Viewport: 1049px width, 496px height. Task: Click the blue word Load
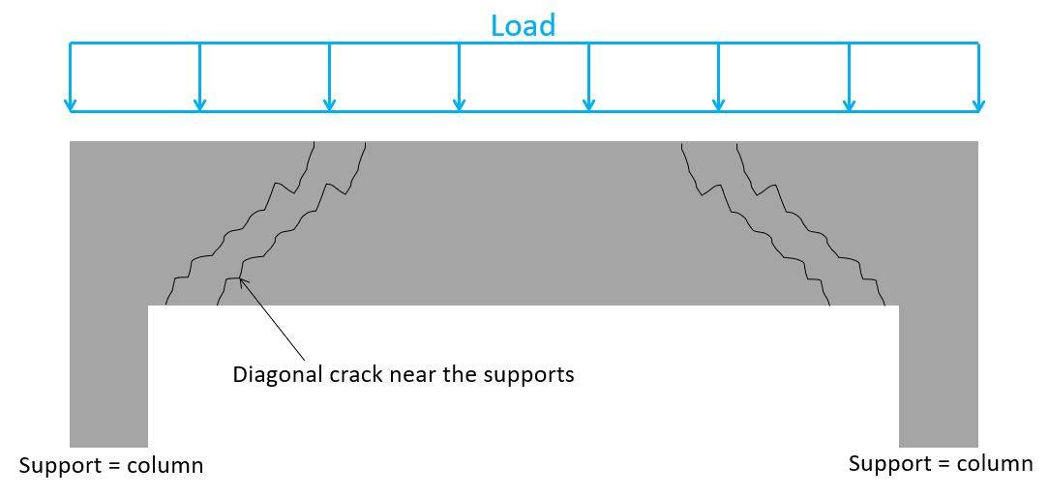[x=523, y=25]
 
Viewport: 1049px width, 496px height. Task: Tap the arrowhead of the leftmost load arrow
[x=70, y=104]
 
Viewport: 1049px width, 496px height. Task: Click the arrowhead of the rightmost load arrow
[x=978, y=104]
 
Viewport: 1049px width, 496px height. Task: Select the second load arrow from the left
[x=199, y=77]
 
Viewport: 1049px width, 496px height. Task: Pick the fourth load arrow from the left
[x=459, y=77]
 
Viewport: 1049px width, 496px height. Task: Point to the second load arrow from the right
[x=849, y=77]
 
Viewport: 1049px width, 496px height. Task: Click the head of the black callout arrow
[x=242, y=281]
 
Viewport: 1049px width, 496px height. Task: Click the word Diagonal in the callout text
[x=272, y=374]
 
